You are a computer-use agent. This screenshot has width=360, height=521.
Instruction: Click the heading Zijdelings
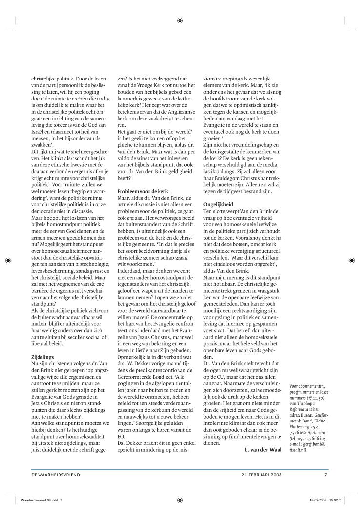point(42,343)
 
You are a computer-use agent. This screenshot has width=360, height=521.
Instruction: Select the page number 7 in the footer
point(326,474)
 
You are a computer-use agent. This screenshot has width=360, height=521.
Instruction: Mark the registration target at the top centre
point(180,20)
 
